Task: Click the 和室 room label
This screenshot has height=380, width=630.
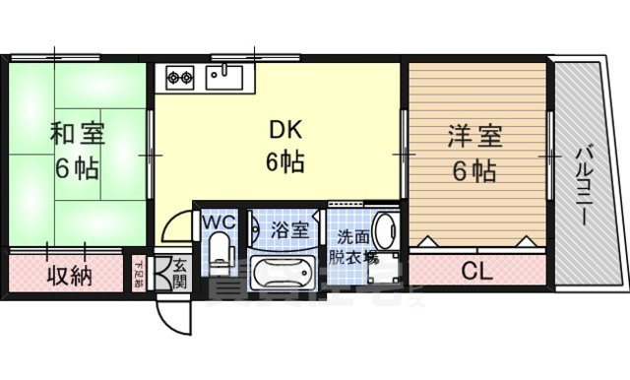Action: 76,132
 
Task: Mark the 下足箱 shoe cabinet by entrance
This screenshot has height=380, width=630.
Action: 139,272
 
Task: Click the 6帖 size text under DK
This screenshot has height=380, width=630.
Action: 283,160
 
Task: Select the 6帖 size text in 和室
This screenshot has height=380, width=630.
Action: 76,167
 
